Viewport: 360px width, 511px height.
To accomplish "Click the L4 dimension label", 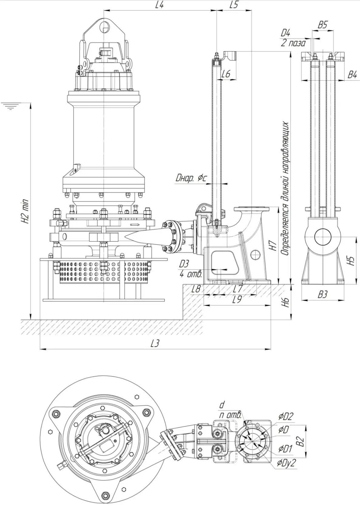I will (159, 5).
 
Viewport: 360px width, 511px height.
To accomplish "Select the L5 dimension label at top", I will (234, 5).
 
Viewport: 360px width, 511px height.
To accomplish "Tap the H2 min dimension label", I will (25, 212).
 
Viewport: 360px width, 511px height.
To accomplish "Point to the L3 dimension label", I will (155, 343).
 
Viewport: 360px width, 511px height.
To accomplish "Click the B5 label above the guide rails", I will (322, 25).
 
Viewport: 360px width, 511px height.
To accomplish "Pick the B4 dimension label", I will (352, 75).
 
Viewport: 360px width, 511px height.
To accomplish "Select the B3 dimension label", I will (322, 294).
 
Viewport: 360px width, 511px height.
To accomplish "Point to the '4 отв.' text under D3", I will (191, 274).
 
